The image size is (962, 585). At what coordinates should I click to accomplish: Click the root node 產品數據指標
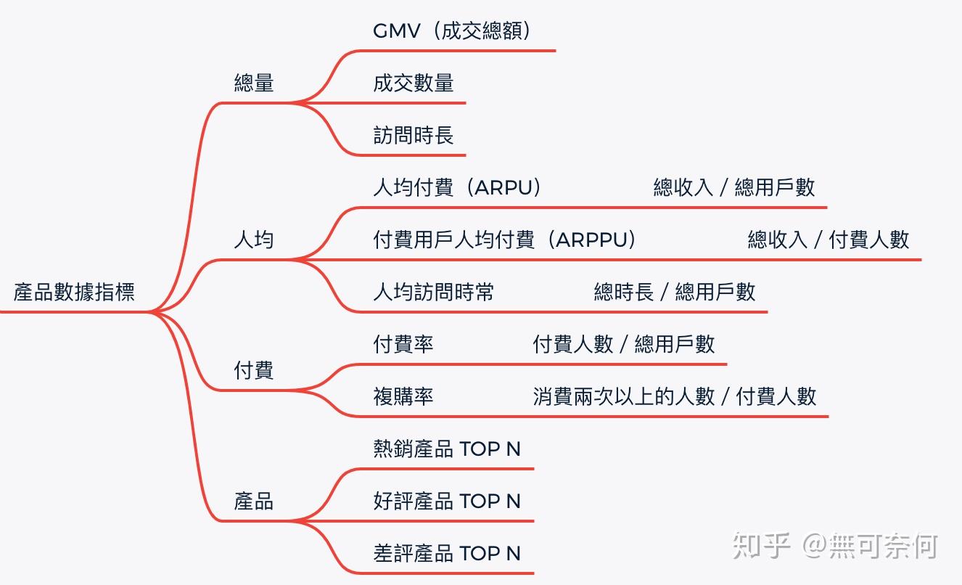click(x=74, y=292)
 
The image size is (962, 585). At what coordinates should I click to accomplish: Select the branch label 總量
click(x=254, y=83)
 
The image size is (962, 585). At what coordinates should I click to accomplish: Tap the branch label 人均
click(x=254, y=240)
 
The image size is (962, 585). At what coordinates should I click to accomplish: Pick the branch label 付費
click(x=254, y=370)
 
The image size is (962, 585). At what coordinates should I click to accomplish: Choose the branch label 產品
click(x=254, y=501)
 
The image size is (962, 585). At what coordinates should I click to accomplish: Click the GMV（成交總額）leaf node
click(x=453, y=30)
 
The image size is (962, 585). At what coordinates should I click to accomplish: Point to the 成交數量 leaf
click(x=414, y=83)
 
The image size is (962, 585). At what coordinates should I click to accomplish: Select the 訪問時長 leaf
click(x=414, y=135)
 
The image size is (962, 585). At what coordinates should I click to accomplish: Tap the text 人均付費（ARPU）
click(x=458, y=187)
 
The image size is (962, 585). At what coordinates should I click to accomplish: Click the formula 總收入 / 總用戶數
click(x=734, y=187)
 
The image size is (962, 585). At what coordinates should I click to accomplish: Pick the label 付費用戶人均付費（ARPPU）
click(x=505, y=240)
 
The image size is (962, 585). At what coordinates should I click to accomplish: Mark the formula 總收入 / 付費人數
click(x=829, y=240)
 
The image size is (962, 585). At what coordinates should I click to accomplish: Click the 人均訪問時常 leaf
click(x=434, y=292)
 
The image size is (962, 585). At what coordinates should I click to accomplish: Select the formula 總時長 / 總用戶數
click(x=675, y=292)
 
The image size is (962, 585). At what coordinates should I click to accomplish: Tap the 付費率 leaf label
click(x=403, y=344)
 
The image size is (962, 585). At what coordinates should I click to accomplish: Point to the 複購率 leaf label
click(x=403, y=396)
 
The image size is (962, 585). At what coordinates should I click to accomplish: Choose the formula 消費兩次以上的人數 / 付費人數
click(x=675, y=396)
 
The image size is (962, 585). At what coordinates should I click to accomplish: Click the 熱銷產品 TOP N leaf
click(x=447, y=449)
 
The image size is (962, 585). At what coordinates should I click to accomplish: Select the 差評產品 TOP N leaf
click(x=447, y=553)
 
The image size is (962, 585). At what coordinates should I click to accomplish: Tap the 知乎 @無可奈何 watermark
click(x=834, y=546)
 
